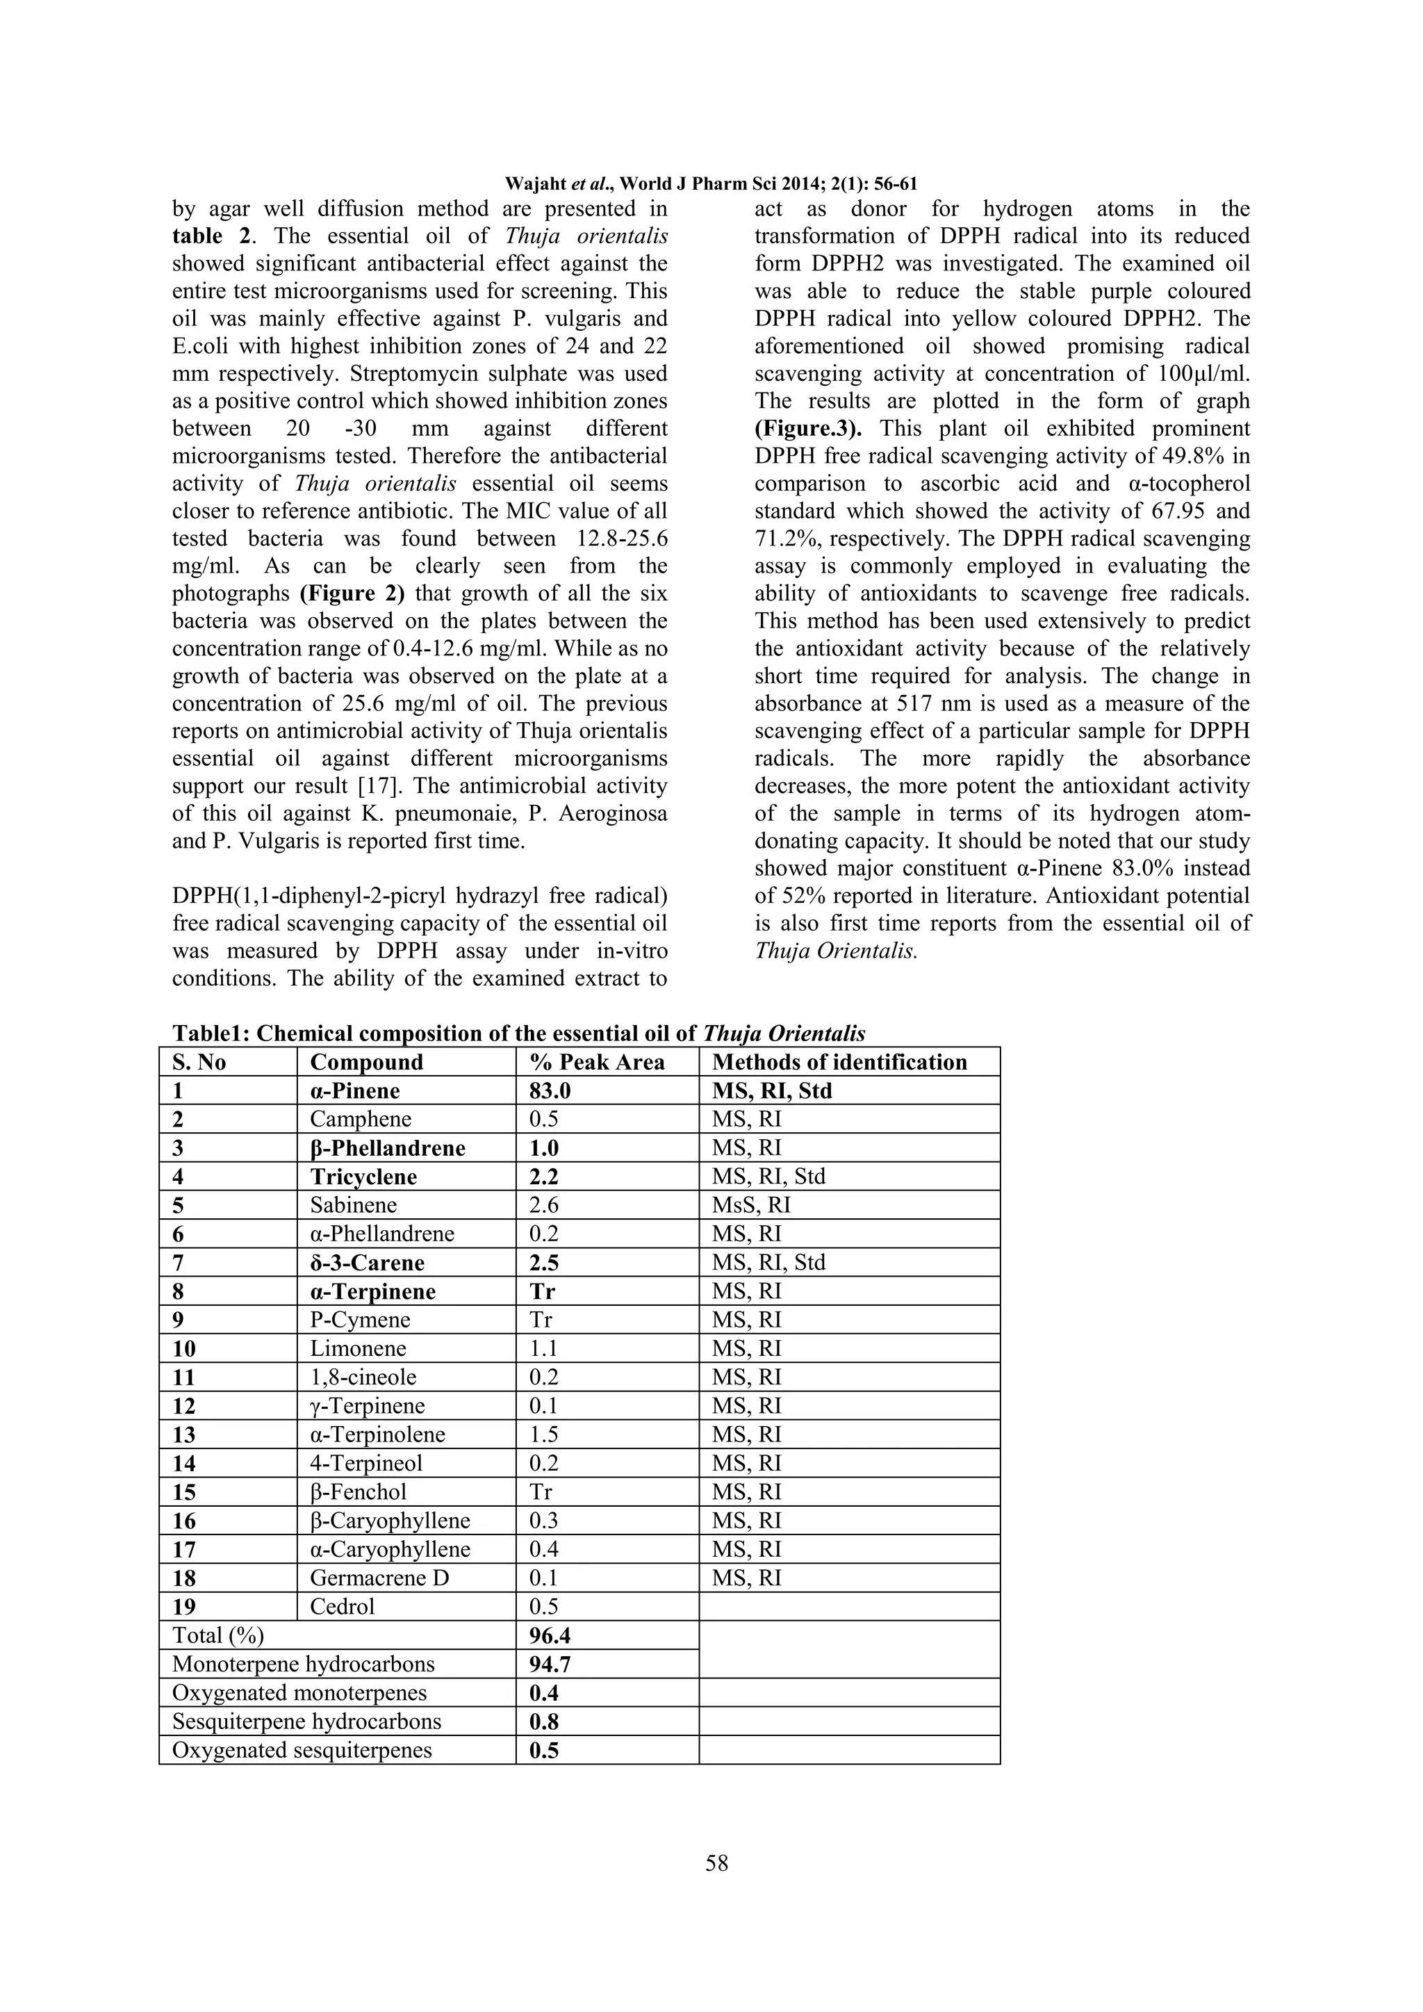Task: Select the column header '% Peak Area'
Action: [x=597, y=1062]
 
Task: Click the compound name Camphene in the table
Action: [x=360, y=1119]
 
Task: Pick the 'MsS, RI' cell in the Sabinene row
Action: [x=751, y=1205]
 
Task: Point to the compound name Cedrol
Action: [x=342, y=1606]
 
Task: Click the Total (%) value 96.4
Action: [x=550, y=1636]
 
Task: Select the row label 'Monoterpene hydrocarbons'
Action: [x=303, y=1664]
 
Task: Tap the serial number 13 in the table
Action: [x=184, y=1434]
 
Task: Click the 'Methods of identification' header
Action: [x=839, y=1062]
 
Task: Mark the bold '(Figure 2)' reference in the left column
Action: [x=352, y=594]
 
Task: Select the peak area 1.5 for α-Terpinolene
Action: [x=543, y=1434]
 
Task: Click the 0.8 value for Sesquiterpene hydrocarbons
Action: [x=543, y=1722]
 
